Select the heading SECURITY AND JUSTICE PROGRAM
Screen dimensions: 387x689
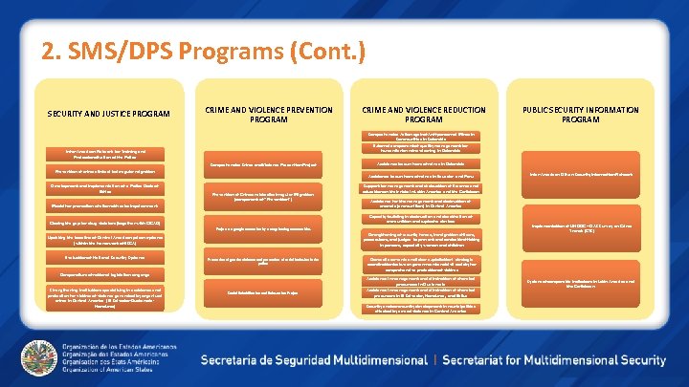click(108, 115)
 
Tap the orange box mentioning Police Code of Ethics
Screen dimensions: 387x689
click(108, 188)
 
